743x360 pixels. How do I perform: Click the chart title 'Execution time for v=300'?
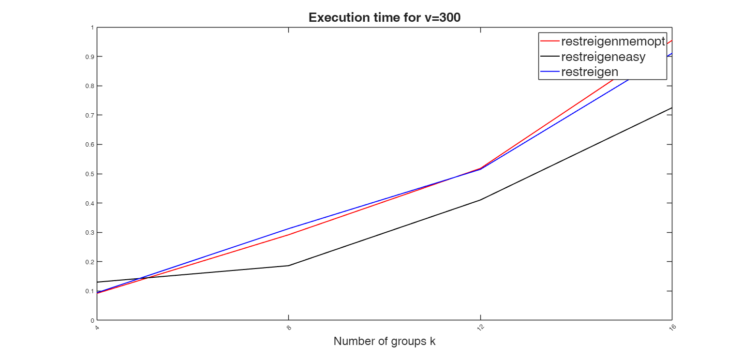pyautogui.click(x=385, y=18)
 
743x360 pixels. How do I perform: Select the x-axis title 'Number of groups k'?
pyautogui.click(x=385, y=341)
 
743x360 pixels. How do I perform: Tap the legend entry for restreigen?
pyautogui.click(x=590, y=72)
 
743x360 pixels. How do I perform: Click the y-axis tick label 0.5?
pyautogui.click(x=90, y=174)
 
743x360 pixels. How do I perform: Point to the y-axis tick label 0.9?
pyautogui.click(x=90, y=57)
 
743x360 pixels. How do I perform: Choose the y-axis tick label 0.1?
pyautogui.click(x=90, y=291)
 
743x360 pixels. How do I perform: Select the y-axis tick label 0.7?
pyautogui.click(x=90, y=115)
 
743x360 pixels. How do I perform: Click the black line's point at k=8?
pyautogui.click(x=289, y=266)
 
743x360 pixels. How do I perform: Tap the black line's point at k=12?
pyautogui.click(x=480, y=200)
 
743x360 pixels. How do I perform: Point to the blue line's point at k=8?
pyautogui.click(x=289, y=228)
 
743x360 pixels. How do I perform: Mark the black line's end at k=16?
pyautogui.click(x=671, y=107)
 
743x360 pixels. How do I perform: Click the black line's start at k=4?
pyautogui.click(x=97, y=282)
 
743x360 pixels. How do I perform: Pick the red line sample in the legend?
pyautogui.click(x=550, y=41)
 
